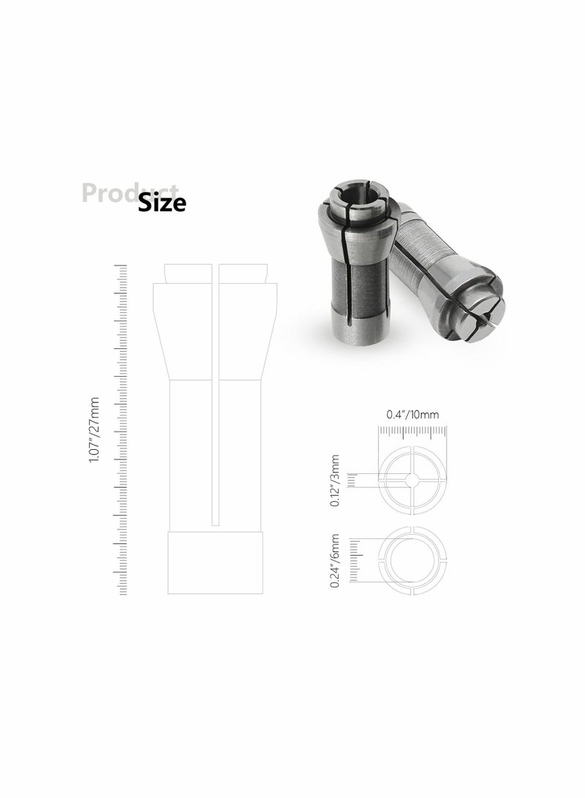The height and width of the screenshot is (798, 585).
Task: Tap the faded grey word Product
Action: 110,192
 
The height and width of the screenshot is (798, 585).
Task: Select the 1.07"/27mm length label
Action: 94,431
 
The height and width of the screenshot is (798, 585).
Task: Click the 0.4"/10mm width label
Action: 412,414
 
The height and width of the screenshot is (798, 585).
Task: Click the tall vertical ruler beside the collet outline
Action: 122,431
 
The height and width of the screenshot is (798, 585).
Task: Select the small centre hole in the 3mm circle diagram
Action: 412,479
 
